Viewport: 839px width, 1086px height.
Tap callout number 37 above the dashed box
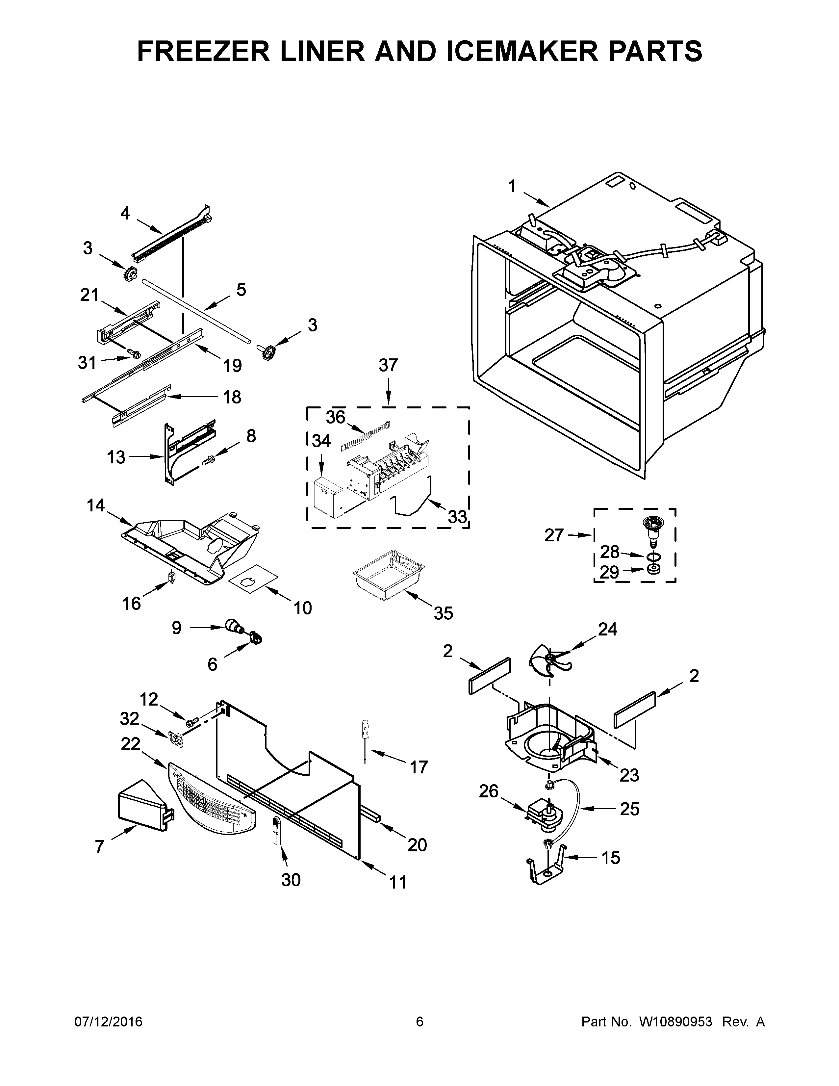pos(388,366)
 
